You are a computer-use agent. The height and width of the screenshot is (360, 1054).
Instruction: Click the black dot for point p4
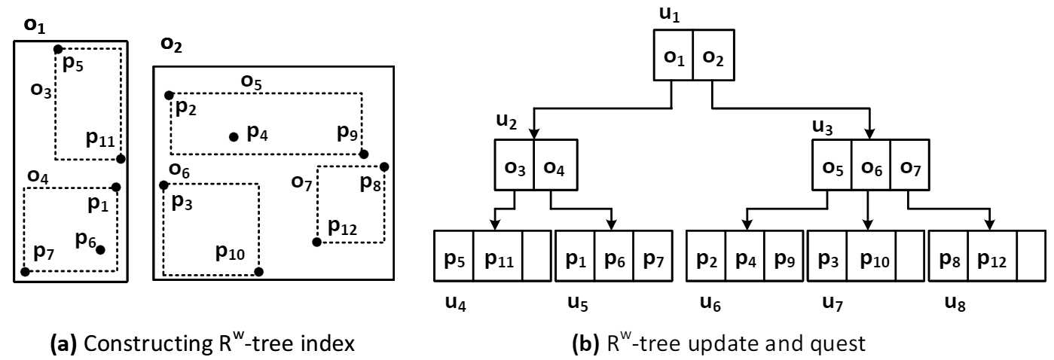(x=234, y=137)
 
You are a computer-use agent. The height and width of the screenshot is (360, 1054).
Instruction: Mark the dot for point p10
(x=258, y=271)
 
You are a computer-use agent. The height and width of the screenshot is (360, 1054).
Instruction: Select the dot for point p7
(x=26, y=271)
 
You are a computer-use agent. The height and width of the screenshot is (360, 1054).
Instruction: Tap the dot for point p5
(x=58, y=49)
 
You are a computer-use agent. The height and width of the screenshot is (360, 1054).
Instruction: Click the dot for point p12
(x=316, y=242)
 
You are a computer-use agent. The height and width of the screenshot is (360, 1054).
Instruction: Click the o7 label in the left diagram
(x=301, y=181)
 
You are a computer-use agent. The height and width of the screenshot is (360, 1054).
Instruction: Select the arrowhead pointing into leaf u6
(x=746, y=226)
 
